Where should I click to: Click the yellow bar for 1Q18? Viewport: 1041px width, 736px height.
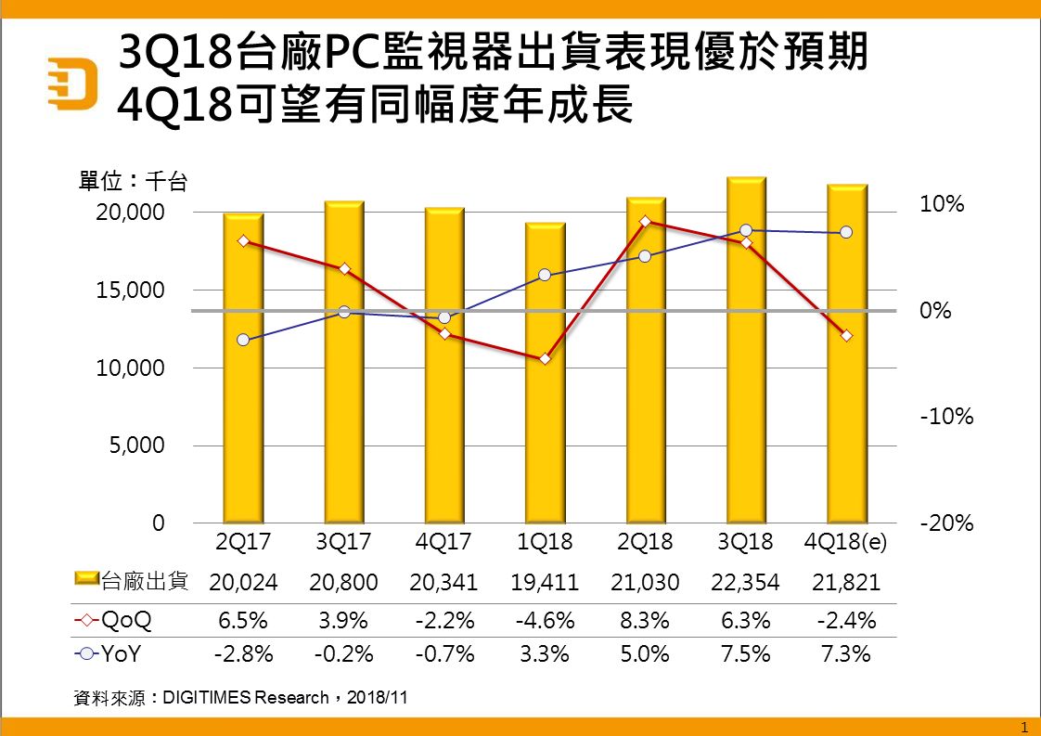(545, 373)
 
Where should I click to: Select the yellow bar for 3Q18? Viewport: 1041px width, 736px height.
(746, 350)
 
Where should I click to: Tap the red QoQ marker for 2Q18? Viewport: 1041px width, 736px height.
(646, 221)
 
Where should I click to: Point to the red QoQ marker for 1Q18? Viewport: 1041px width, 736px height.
(545, 358)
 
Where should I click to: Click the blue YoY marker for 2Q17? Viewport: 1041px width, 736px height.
(243, 340)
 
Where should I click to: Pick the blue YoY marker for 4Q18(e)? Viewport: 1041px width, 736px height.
(846, 232)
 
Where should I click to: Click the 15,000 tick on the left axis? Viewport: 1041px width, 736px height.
(130, 291)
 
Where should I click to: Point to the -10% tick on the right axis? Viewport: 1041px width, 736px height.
(946, 417)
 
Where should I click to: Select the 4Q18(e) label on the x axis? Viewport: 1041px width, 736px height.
(845, 542)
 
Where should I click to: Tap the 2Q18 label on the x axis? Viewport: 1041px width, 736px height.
(645, 542)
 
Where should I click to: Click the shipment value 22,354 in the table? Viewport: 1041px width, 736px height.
(746, 583)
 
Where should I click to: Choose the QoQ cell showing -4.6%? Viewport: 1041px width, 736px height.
(545, 620)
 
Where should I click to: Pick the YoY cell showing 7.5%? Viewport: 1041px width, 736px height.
(746, 654)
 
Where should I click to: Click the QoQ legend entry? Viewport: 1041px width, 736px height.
(113, 620)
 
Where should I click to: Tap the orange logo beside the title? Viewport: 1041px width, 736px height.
(72, 84)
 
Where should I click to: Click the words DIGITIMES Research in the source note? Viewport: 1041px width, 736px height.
(246, 697)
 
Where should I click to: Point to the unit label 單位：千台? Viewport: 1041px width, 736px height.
(133, 181)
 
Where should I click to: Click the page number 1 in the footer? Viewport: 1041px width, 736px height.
(1023, 728)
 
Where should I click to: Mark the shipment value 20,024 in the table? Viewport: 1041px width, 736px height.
(243, 583)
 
